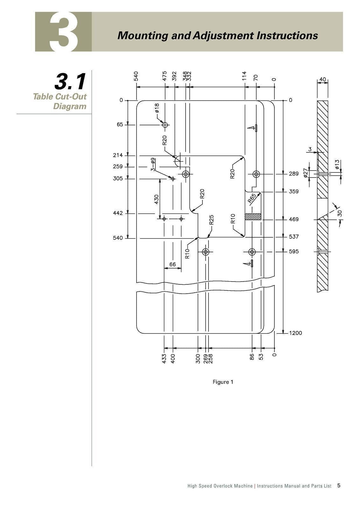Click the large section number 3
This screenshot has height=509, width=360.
(64, 32)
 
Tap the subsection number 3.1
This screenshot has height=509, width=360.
(70, 82)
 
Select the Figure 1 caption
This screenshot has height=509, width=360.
(223, 382)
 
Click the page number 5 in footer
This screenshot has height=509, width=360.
(339, 485)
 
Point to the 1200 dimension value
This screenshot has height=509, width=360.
(295, 333)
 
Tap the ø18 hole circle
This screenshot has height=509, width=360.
(165, 125)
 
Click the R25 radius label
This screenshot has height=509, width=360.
(211, 220)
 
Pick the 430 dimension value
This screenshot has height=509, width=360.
(156, 199)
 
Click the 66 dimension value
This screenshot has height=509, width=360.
(173, 264)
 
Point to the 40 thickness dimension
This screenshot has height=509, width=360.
(322, 79)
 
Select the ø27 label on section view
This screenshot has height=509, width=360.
(306, 173)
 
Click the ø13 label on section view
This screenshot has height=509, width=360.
(337, 164)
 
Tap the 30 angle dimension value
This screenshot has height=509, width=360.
(340, 213)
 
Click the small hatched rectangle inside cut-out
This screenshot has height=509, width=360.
(253, 216)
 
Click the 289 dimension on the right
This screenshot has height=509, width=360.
(293, 174)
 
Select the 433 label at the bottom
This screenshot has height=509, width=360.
(164, 359)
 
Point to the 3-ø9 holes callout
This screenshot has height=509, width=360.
(153, 164)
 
